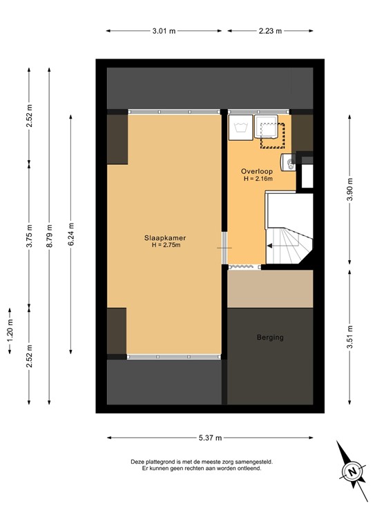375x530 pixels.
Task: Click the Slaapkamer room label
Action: (x=165, y=238)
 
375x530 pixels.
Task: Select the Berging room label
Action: (x=270, y=337)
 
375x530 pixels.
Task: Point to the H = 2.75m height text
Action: (x=165, y=246)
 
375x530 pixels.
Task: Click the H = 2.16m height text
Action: (x=258, y=179)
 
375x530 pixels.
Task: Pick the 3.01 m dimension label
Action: (x=164, y=30)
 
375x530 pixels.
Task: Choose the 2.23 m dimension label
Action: (x=270, y=30)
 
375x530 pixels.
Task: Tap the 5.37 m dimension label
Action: (x=210, y=438)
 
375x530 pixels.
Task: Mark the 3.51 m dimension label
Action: (x=350, y=337)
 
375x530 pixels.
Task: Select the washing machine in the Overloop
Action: (x=241, y=127)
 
